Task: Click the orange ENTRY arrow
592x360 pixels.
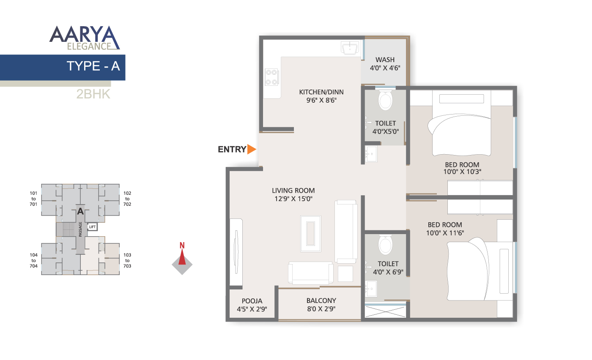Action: point(252,149)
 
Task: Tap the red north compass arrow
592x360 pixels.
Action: point(182,257)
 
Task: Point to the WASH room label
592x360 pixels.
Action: point(385,60)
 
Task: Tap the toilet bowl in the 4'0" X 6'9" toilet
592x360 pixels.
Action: point(385,245)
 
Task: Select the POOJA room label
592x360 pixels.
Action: point(252,301)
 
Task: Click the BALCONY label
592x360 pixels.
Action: point(321,301)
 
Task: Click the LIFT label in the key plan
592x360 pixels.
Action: point(92,227)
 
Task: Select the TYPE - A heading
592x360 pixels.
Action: point(93,66)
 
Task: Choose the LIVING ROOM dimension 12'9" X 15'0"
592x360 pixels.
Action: point(293,199)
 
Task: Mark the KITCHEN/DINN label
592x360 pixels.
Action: point(321,92)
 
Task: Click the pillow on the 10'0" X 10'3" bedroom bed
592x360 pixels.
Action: point(461,99)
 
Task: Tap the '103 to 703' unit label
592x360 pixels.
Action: point(127,261)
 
